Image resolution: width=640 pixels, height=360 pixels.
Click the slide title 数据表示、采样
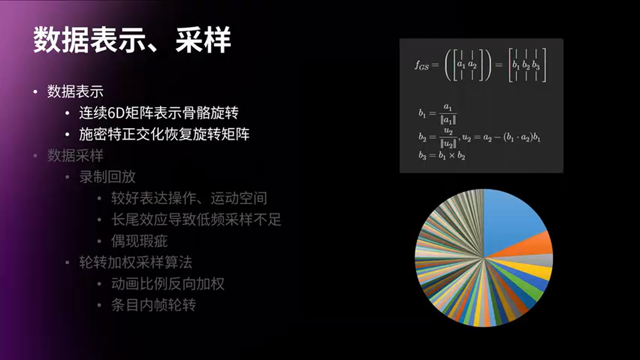132,40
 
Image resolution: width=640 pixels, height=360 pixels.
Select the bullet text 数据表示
75,91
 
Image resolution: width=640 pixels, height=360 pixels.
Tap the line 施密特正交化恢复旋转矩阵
164,134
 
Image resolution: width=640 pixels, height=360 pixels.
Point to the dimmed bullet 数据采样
75,155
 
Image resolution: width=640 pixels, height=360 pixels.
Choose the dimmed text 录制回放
107,177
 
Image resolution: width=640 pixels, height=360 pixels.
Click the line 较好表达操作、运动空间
189,198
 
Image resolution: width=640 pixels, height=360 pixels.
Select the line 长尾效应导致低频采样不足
196,220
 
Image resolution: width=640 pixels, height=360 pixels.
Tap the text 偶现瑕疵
139,241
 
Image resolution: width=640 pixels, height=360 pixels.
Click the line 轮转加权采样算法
135,262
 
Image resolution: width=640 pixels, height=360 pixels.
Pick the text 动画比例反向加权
167,284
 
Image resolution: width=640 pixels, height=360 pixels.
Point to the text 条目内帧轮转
153,305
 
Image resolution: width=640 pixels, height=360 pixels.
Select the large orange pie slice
530,245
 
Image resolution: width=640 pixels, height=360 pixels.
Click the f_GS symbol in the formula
421,65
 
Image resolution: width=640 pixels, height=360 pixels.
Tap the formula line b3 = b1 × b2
442,155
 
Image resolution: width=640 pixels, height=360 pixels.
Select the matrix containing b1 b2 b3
527,65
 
